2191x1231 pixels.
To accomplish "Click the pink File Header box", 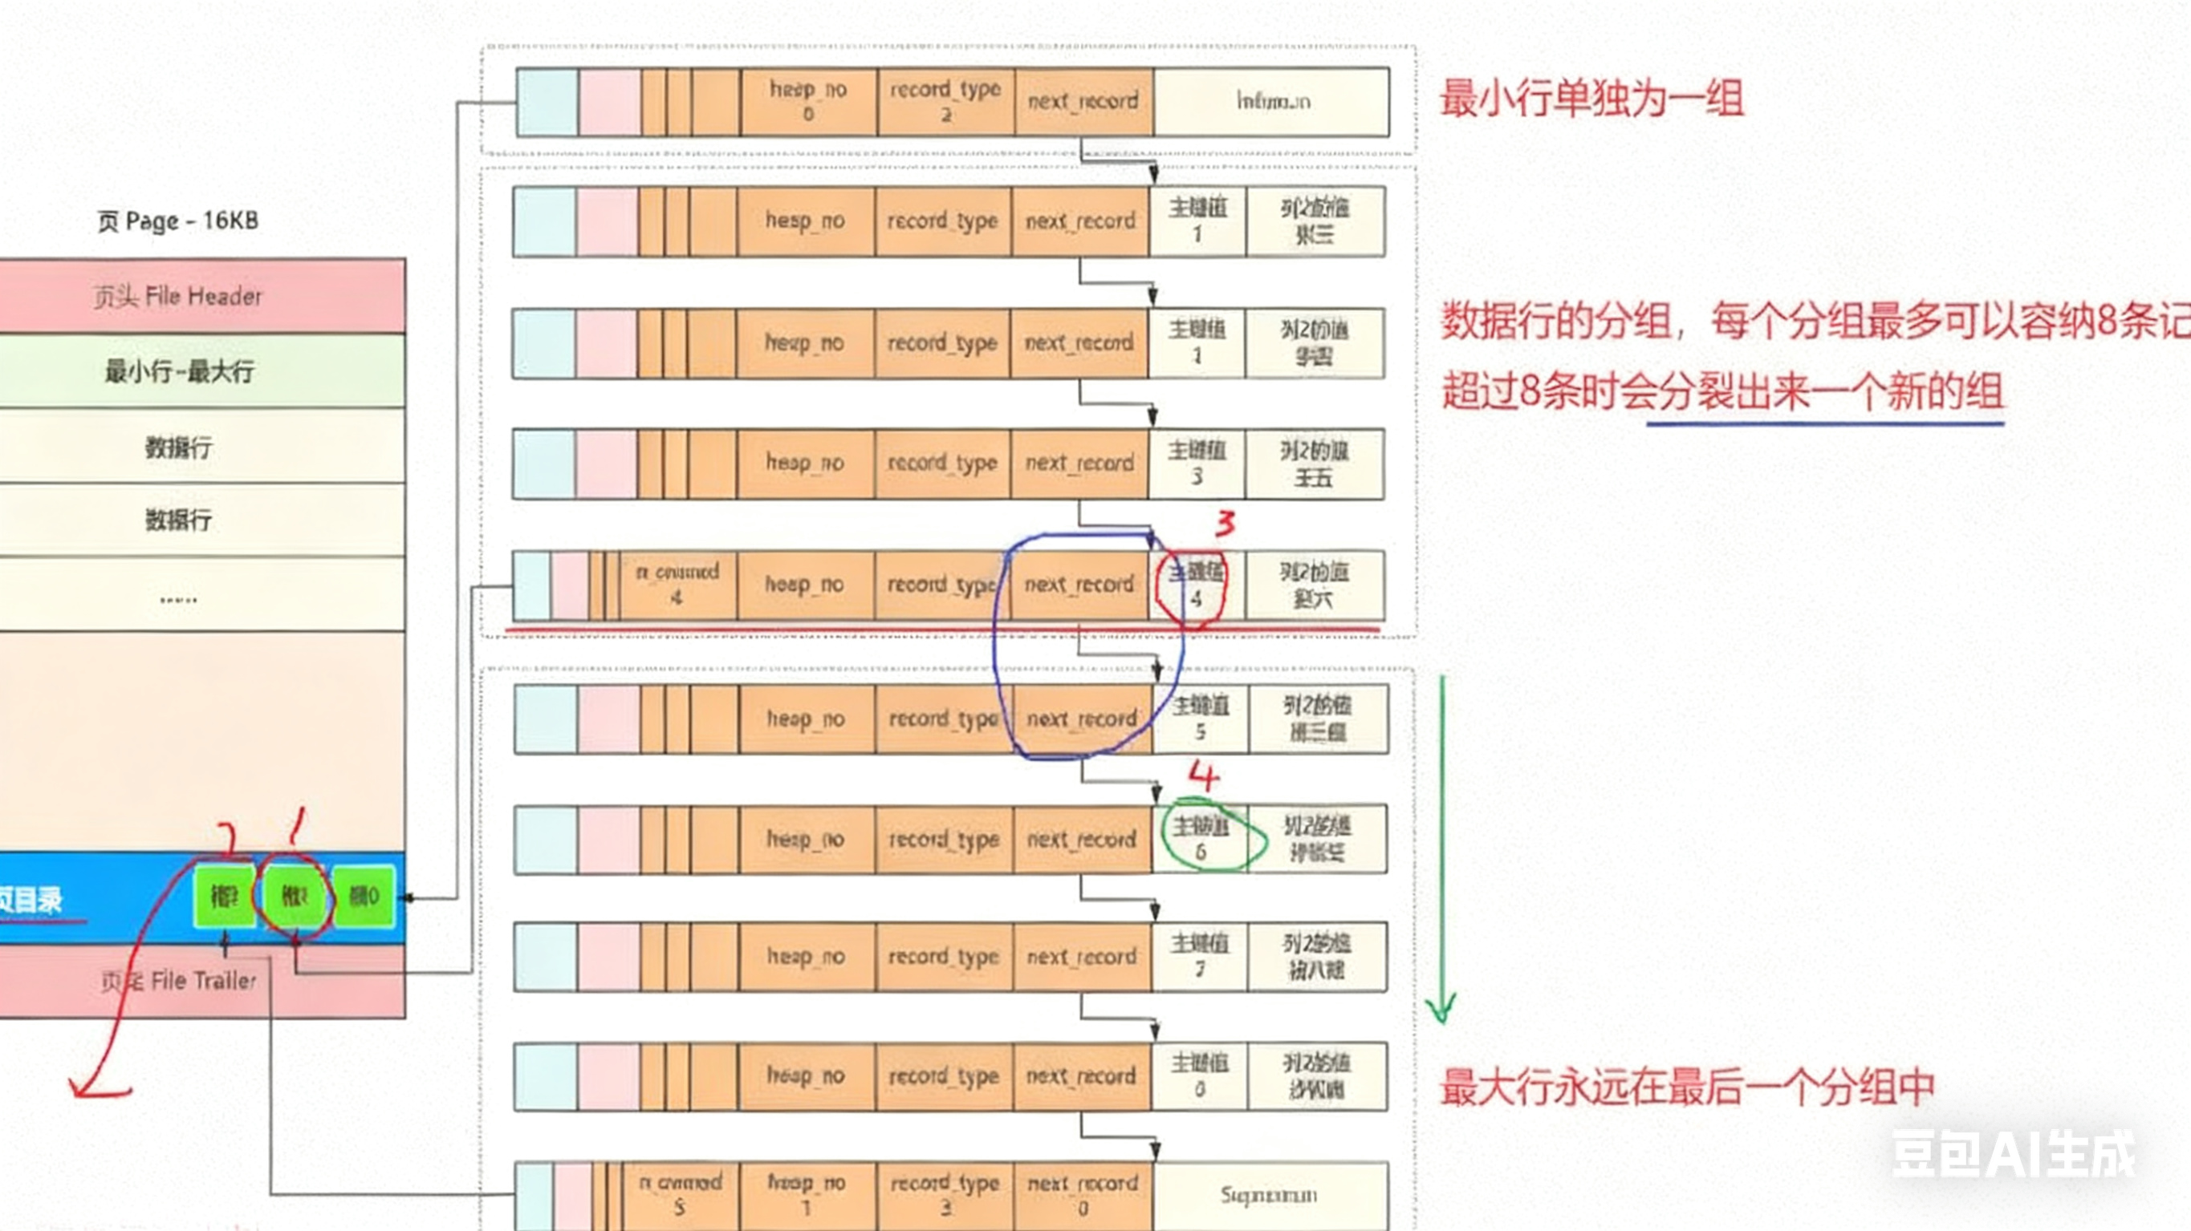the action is (x=201, y=296).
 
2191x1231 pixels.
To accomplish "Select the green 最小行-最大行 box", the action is (x=201, y=371).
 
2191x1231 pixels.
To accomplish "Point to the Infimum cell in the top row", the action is (x=1271, y=102).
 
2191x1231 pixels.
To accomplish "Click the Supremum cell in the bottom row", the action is (x=1269, y=1195).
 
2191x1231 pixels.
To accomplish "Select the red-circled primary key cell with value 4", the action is (x=1196, y=585).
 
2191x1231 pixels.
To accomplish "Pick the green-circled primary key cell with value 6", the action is (x=1200, y=838).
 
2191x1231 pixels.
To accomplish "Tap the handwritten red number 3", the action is (x=1225, y=523).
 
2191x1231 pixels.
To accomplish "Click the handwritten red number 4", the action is (x=1204, y=775).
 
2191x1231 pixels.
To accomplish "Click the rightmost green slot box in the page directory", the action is (x=364, y=896).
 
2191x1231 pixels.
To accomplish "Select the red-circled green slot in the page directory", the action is (x=294, y=896).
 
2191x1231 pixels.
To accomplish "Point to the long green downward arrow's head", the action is (x=1441, y=1011).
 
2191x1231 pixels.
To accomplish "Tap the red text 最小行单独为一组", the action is (x=1591, y=99).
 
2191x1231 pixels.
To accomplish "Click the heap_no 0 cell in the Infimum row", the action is (x=808, y=101).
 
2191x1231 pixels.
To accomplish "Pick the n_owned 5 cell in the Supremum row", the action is (x=680, y=1194).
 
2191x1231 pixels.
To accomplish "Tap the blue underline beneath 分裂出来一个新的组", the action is (x=1824, y=423).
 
